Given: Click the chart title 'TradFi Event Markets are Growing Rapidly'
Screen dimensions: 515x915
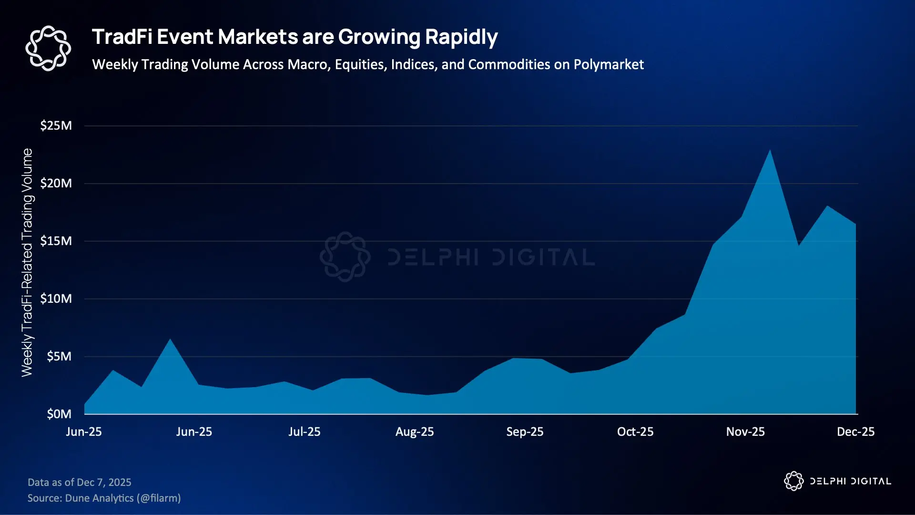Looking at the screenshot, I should [295, 37].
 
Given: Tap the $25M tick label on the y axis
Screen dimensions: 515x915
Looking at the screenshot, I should [56, 126].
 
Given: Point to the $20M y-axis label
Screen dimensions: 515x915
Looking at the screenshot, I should [56, 184].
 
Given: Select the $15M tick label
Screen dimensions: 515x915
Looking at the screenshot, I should [56, 241].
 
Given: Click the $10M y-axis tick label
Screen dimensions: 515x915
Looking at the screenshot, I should [56, 299].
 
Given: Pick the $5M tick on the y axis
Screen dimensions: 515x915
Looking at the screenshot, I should [59, 357].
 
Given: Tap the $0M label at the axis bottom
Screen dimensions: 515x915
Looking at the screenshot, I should [59, 414].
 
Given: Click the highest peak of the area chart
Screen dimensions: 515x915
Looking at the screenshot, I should [770, 151].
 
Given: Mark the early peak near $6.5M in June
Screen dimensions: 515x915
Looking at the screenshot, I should [170, 340].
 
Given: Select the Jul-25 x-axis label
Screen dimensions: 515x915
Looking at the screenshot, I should [304, 432].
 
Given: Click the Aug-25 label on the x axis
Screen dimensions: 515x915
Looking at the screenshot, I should [415, 432].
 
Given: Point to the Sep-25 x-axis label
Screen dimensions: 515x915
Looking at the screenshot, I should [525, 432].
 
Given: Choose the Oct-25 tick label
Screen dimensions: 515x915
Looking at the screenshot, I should [635, 432].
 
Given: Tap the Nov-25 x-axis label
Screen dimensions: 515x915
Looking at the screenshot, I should [745, 432].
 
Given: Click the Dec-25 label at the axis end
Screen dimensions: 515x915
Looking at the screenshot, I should [855, 432].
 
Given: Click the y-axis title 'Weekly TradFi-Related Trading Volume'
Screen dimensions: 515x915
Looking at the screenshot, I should [27, 262].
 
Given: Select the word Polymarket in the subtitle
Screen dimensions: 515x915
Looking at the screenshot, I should [609, 65].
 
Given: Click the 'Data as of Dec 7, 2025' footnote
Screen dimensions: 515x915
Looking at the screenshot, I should [80, 483].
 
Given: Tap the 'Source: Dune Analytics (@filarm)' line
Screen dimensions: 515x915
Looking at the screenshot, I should [104, 498].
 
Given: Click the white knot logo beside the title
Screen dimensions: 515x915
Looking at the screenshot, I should [48, 48].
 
